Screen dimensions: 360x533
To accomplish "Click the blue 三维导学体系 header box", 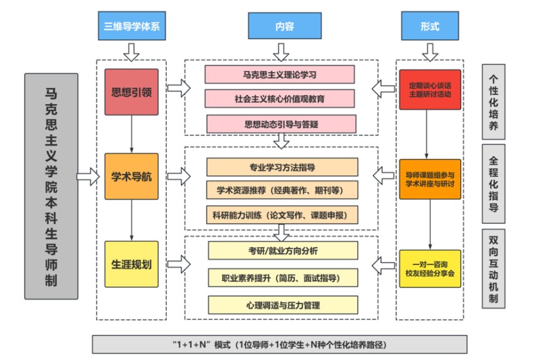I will [131, 27].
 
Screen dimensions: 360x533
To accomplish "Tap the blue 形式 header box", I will [429, 27].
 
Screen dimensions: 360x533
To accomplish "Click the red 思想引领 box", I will [131, 92].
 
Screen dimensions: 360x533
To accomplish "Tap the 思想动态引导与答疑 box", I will [281, 124].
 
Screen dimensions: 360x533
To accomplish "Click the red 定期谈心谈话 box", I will [429, 89].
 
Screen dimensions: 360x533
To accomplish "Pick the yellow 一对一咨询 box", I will [429, 268].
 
